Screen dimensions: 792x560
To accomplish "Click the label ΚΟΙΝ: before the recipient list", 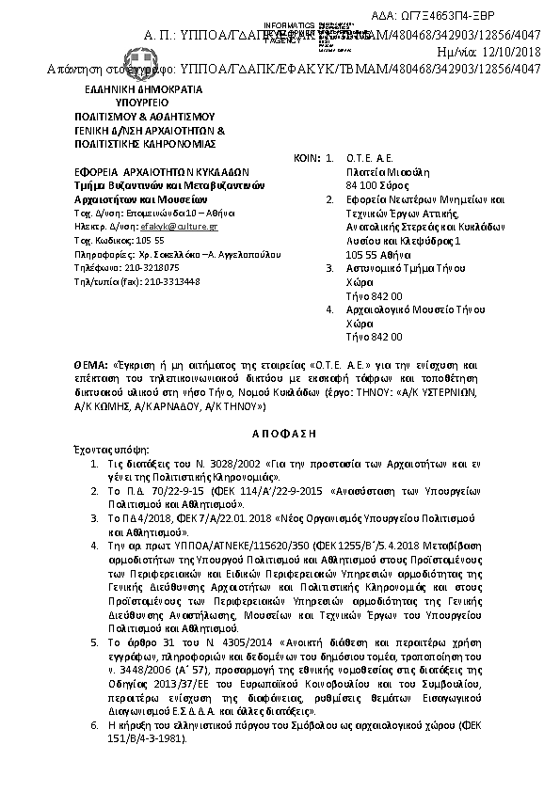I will point(307,159).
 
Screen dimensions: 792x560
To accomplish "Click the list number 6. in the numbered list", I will point(94,727).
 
